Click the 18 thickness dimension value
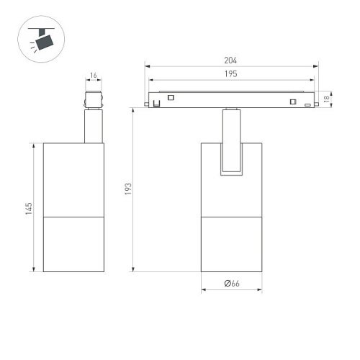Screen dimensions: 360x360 [327, 99]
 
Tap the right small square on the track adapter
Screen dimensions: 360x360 [292, 100]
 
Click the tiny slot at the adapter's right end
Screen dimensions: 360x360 [308, 106]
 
